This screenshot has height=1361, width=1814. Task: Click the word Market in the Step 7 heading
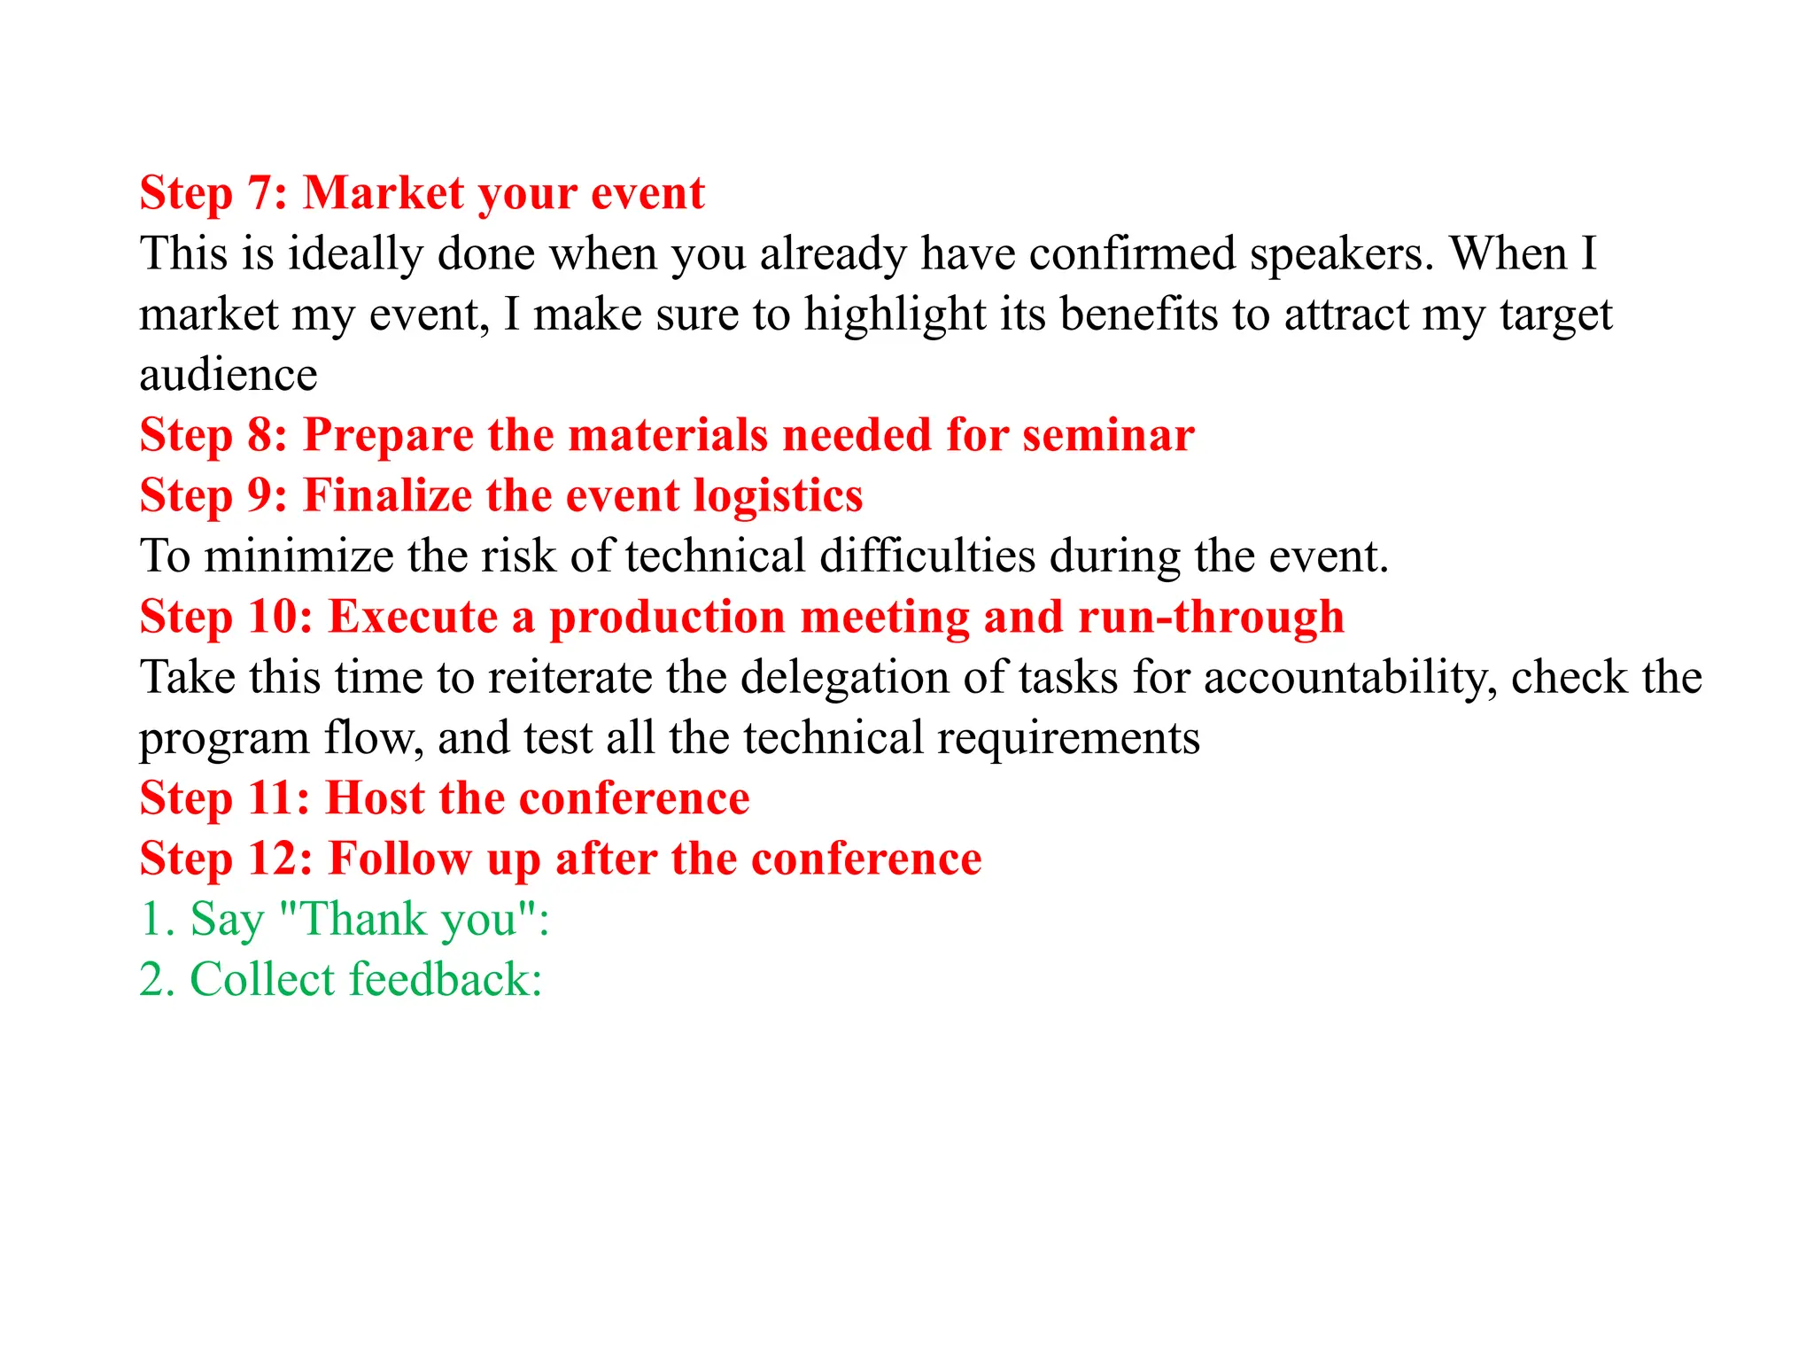click(384, 193)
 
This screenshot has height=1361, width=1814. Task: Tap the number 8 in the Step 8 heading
click(261, 435)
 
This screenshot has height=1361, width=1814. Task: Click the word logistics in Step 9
click(778, 495)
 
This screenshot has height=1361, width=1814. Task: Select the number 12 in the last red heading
click(280, 859)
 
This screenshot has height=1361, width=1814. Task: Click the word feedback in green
click(446, 979)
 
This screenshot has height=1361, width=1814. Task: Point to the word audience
click(229, 375)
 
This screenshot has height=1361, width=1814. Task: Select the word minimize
click(298, 556)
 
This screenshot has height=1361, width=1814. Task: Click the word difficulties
click(927, 556)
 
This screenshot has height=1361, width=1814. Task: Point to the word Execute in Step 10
click(413, 617)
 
